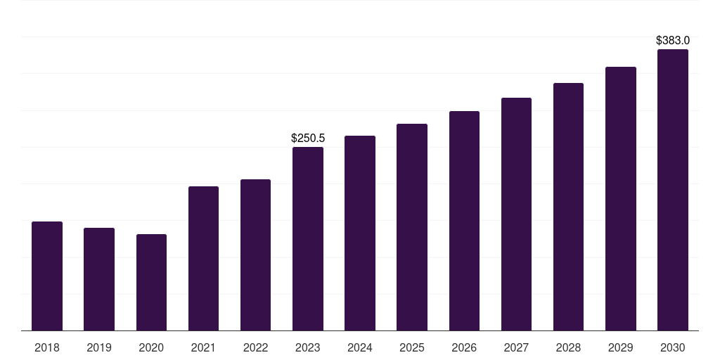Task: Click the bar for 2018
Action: point(47,276)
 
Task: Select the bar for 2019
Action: point(99,279)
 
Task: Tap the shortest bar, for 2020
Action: point(152,283)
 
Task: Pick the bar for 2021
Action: point(203,259)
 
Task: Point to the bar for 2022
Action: point(255,255)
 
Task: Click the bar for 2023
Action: point(308,239)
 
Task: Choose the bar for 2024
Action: point(360,233)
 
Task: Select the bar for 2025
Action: point(412,227)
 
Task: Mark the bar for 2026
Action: point(464,221)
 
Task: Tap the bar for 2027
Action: point(517,214)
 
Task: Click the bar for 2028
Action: point(568,207)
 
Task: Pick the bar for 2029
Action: point(621,199)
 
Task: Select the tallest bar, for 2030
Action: point(673,190)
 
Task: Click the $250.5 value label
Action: point(308,139)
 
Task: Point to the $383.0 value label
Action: point(673,40)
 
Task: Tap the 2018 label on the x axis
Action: point(47,348)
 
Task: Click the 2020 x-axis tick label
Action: point(151,348)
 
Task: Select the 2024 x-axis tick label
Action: point(360,348)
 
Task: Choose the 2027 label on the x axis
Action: point(516,348)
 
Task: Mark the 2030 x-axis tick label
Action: point(673,348)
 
